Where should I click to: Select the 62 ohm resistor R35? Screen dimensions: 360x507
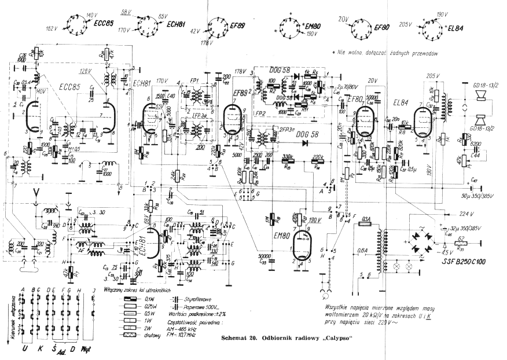point(461,243)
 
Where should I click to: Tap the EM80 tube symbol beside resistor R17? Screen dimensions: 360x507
point(299,249)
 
